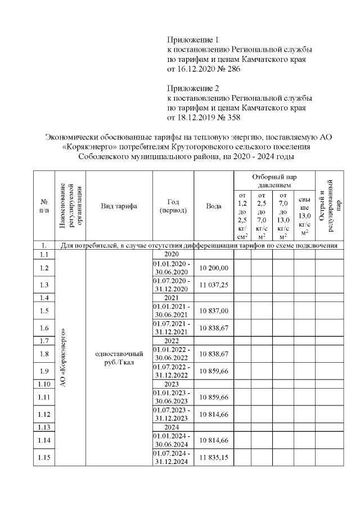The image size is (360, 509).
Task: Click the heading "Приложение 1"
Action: point(192,40)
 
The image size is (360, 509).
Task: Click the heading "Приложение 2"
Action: point(192,88)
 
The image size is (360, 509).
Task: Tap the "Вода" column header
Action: point(214,206)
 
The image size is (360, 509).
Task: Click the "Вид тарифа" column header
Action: point(119,206)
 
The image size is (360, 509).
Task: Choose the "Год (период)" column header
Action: point(173,206)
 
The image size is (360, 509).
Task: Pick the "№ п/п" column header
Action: point(44,206)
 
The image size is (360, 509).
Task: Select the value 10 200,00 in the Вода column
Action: point(214,268)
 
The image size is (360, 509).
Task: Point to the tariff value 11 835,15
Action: point(214,458)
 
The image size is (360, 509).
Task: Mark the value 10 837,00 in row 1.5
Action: point(214,310)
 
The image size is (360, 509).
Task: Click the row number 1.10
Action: point(44,384)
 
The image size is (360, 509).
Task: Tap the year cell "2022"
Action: point(173,341)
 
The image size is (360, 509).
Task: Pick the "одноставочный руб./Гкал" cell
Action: point(119,358)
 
